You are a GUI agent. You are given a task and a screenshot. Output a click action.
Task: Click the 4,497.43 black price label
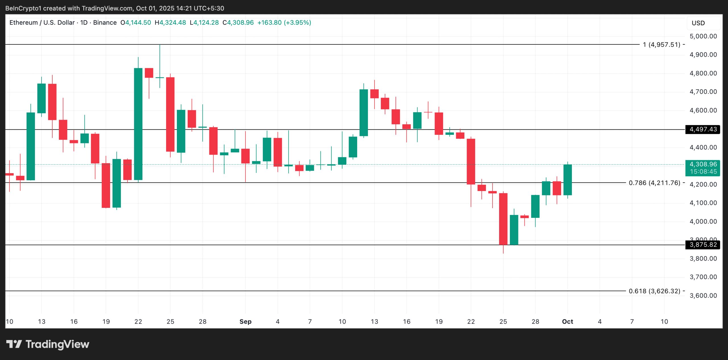703,129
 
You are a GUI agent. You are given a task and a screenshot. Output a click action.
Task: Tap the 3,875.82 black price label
703,245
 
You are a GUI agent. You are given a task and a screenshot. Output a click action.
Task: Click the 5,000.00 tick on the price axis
703,36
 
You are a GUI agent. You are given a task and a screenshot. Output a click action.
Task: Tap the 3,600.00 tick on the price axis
703,295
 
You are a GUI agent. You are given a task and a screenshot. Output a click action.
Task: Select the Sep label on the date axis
245,322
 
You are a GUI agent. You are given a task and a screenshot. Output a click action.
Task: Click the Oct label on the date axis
567,322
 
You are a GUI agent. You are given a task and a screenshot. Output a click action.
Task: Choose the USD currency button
698,23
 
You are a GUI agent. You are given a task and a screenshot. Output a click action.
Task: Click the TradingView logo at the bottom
48,344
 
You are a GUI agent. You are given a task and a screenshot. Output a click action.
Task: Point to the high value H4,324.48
170,22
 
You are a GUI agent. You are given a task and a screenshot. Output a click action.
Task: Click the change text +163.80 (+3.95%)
284,22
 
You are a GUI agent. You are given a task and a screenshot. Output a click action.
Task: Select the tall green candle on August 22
138,124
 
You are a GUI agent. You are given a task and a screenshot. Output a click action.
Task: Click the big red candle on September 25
503,219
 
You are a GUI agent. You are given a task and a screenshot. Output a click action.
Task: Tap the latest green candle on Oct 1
568,180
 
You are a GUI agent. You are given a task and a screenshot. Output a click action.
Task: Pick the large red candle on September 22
471,161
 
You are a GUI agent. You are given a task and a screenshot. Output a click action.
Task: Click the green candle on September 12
363,113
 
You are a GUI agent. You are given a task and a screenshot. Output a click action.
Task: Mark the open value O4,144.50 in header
136,22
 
